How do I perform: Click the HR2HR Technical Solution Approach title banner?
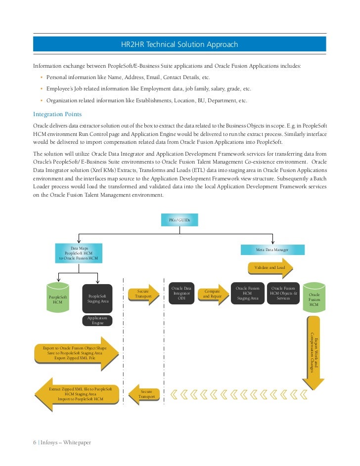click(x=180, y=44)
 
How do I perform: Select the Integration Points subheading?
click(x=57, y=114)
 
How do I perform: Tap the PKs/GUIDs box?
click(x=180, y=220)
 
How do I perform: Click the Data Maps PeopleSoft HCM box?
click(x=79, y=253)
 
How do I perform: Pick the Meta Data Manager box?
click(x=272, y=250)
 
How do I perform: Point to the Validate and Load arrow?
click(x=270, y=268)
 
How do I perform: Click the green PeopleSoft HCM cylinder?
click(x=58, y=297)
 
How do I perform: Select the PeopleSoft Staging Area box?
click(x=97, y=298)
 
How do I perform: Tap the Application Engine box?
click(x=97, y=320)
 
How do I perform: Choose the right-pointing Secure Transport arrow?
click(x=144, y=294)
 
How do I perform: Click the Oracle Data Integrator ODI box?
click(x=181, y=293)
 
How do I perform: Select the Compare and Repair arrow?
click(x=213, y=294)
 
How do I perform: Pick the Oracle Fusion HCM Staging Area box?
click(x=248, y=293)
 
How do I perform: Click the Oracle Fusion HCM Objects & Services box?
click(x=283, y=293)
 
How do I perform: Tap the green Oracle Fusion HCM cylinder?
click(x=314, y=297)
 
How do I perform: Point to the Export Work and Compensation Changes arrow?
click(x=314, y=352)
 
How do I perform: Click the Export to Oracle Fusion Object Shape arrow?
click(x=77, y=353)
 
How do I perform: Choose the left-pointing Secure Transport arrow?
click(x=144, y=394)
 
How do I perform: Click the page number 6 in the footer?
click(x=35, y=442)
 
